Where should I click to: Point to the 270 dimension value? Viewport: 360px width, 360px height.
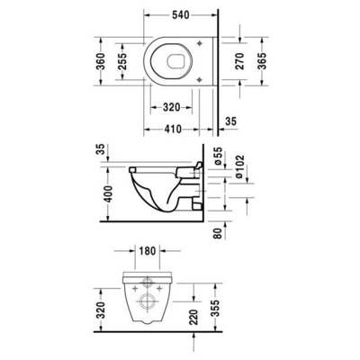point(238,63)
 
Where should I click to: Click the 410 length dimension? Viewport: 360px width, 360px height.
point(176,129)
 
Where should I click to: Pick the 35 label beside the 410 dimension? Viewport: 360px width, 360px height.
point(230,120)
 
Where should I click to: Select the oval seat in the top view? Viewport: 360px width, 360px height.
point(176,62)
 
